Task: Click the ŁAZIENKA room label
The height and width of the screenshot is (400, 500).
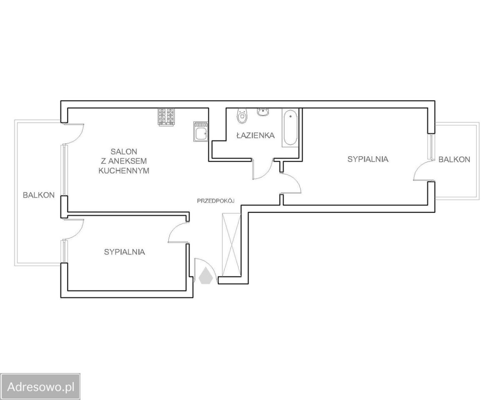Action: click(x=255, y=135)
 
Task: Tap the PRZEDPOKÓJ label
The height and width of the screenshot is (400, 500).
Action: click(x=215, y=201)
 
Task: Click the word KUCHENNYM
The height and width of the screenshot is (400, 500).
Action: click(x=124, y=171)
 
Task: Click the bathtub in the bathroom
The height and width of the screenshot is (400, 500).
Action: click(x=290, y=127)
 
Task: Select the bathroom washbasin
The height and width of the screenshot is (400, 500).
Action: click(x=263, y=112)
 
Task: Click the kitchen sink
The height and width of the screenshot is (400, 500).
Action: click(x=201, y=132)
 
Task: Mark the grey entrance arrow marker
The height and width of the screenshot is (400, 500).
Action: click(x=205, y=276)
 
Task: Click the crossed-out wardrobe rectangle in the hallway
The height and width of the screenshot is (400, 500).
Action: click(x=232, y=245)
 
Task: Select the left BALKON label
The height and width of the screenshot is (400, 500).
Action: click(x=39, y=195)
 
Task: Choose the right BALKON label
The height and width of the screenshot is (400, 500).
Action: click(x=454, y=160)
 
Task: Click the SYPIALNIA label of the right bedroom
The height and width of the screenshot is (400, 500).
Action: click(x=368, y=159)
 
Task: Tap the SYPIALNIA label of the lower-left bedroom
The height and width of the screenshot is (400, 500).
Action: click(x=125, y=252)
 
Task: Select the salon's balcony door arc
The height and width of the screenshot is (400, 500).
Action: click(x=79, y=137)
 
